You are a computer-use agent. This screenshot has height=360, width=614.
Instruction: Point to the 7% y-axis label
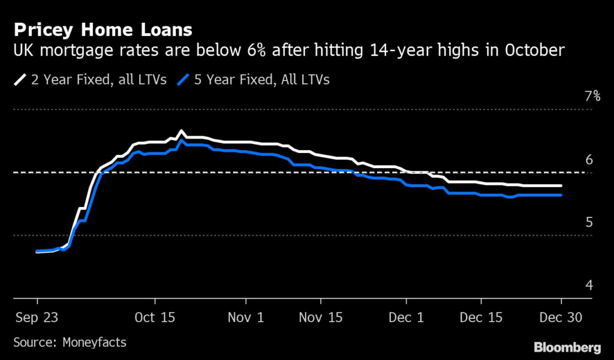tap(592, 96)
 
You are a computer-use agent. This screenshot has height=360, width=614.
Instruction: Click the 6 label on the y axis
tap(589, 160)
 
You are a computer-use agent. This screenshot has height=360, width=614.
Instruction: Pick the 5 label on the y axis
tap(589, 223)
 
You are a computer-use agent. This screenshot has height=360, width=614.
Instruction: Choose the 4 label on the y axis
tap(589, 286)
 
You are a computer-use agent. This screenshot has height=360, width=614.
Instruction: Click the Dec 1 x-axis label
tap(405, 317)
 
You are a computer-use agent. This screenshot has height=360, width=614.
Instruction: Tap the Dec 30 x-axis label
tap(561, 317)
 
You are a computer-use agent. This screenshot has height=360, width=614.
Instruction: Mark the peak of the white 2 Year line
tap(182, 131)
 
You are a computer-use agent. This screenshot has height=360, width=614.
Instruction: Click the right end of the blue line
tap(561, 195)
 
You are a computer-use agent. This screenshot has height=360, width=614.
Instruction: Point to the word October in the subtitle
tap(531, 51)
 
